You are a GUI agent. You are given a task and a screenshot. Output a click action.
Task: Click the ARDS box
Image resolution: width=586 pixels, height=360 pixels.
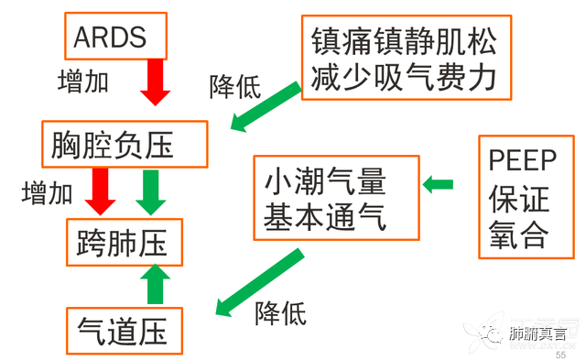pyautogui.click(x=115, y=36)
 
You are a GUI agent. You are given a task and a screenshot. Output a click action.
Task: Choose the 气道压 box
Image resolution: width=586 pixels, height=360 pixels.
pyautogui.click(x=123, y=330)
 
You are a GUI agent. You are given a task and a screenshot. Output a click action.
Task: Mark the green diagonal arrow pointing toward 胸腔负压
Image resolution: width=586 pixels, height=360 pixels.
pyautogui.click(x=265, y=104)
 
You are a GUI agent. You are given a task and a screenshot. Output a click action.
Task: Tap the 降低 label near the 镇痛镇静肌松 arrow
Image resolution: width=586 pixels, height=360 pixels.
pyautogui.click(x=235, y=87)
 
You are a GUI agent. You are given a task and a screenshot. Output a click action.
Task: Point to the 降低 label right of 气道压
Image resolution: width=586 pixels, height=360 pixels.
pyautogui.click(x=280, y=313)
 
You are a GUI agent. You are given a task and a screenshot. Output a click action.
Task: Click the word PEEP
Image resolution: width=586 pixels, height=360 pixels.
pyautogui.click(x=522, y=161)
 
